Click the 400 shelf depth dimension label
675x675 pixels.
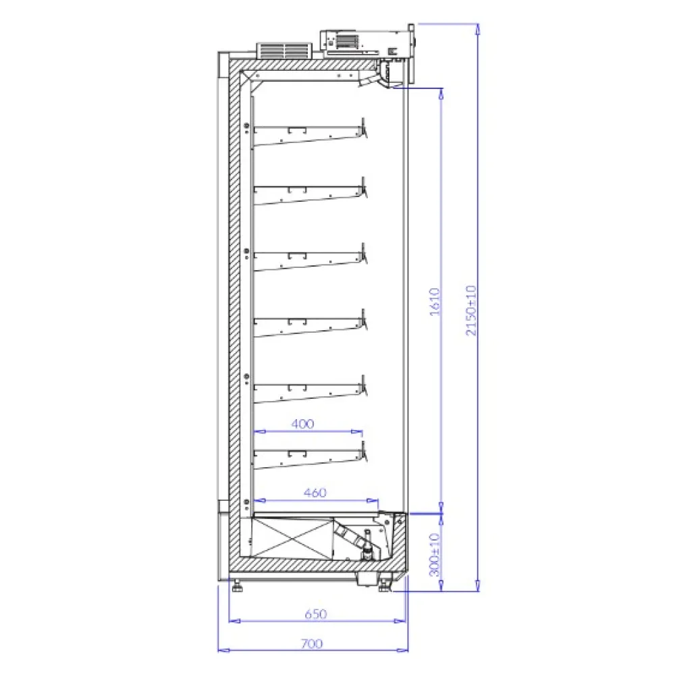[x=302, y=424]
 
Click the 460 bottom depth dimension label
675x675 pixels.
[x=315, y=493]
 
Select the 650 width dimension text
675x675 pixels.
[x=315, y=614]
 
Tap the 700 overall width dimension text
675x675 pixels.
[x=312, y=643]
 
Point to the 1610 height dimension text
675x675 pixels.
[x=435, y=302]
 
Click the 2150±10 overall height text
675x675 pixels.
[x=471, y=310]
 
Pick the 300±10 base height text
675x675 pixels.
[x=435, y=554]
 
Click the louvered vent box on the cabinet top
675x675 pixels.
[x=284, y=51]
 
